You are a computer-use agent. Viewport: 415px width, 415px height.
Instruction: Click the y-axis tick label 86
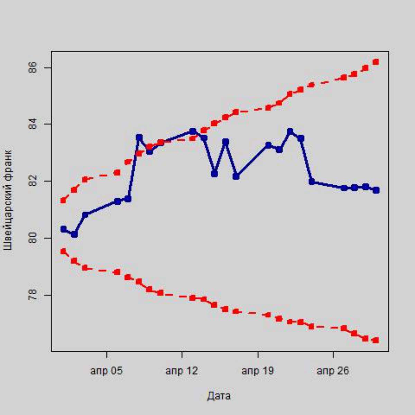coord(33,68)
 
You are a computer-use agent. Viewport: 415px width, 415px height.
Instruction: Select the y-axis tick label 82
coord(33,181)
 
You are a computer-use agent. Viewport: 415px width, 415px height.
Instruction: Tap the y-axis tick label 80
coord(33,238)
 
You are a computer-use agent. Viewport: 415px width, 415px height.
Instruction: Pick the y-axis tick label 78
coord(33,295)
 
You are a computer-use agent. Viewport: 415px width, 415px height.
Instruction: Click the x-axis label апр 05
coord(107,371)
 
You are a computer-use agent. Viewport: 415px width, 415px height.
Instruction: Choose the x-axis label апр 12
coord(182,371)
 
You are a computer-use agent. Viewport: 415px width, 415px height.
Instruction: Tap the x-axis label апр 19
coord(258,371)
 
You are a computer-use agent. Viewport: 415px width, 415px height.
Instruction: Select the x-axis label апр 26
coord(333,371)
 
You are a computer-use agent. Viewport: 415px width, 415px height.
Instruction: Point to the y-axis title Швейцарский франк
coord(8,200)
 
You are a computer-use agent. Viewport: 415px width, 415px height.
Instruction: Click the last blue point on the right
coord(376,190)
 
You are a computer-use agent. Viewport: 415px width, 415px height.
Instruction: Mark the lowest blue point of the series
coord(74,234)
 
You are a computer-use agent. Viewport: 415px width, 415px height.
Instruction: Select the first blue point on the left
coord(63,229)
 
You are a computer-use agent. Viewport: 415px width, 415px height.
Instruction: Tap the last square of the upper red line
coord(376,62)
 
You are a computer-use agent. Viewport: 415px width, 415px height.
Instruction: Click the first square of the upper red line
coord(63,200)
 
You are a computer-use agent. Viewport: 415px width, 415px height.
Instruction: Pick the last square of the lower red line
coord(376,340)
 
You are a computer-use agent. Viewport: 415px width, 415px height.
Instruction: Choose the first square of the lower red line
coord(63,251)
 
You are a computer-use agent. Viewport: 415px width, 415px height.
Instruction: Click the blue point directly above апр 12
coord(193,131)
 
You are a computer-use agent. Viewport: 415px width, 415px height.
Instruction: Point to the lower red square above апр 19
coord(268,315)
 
